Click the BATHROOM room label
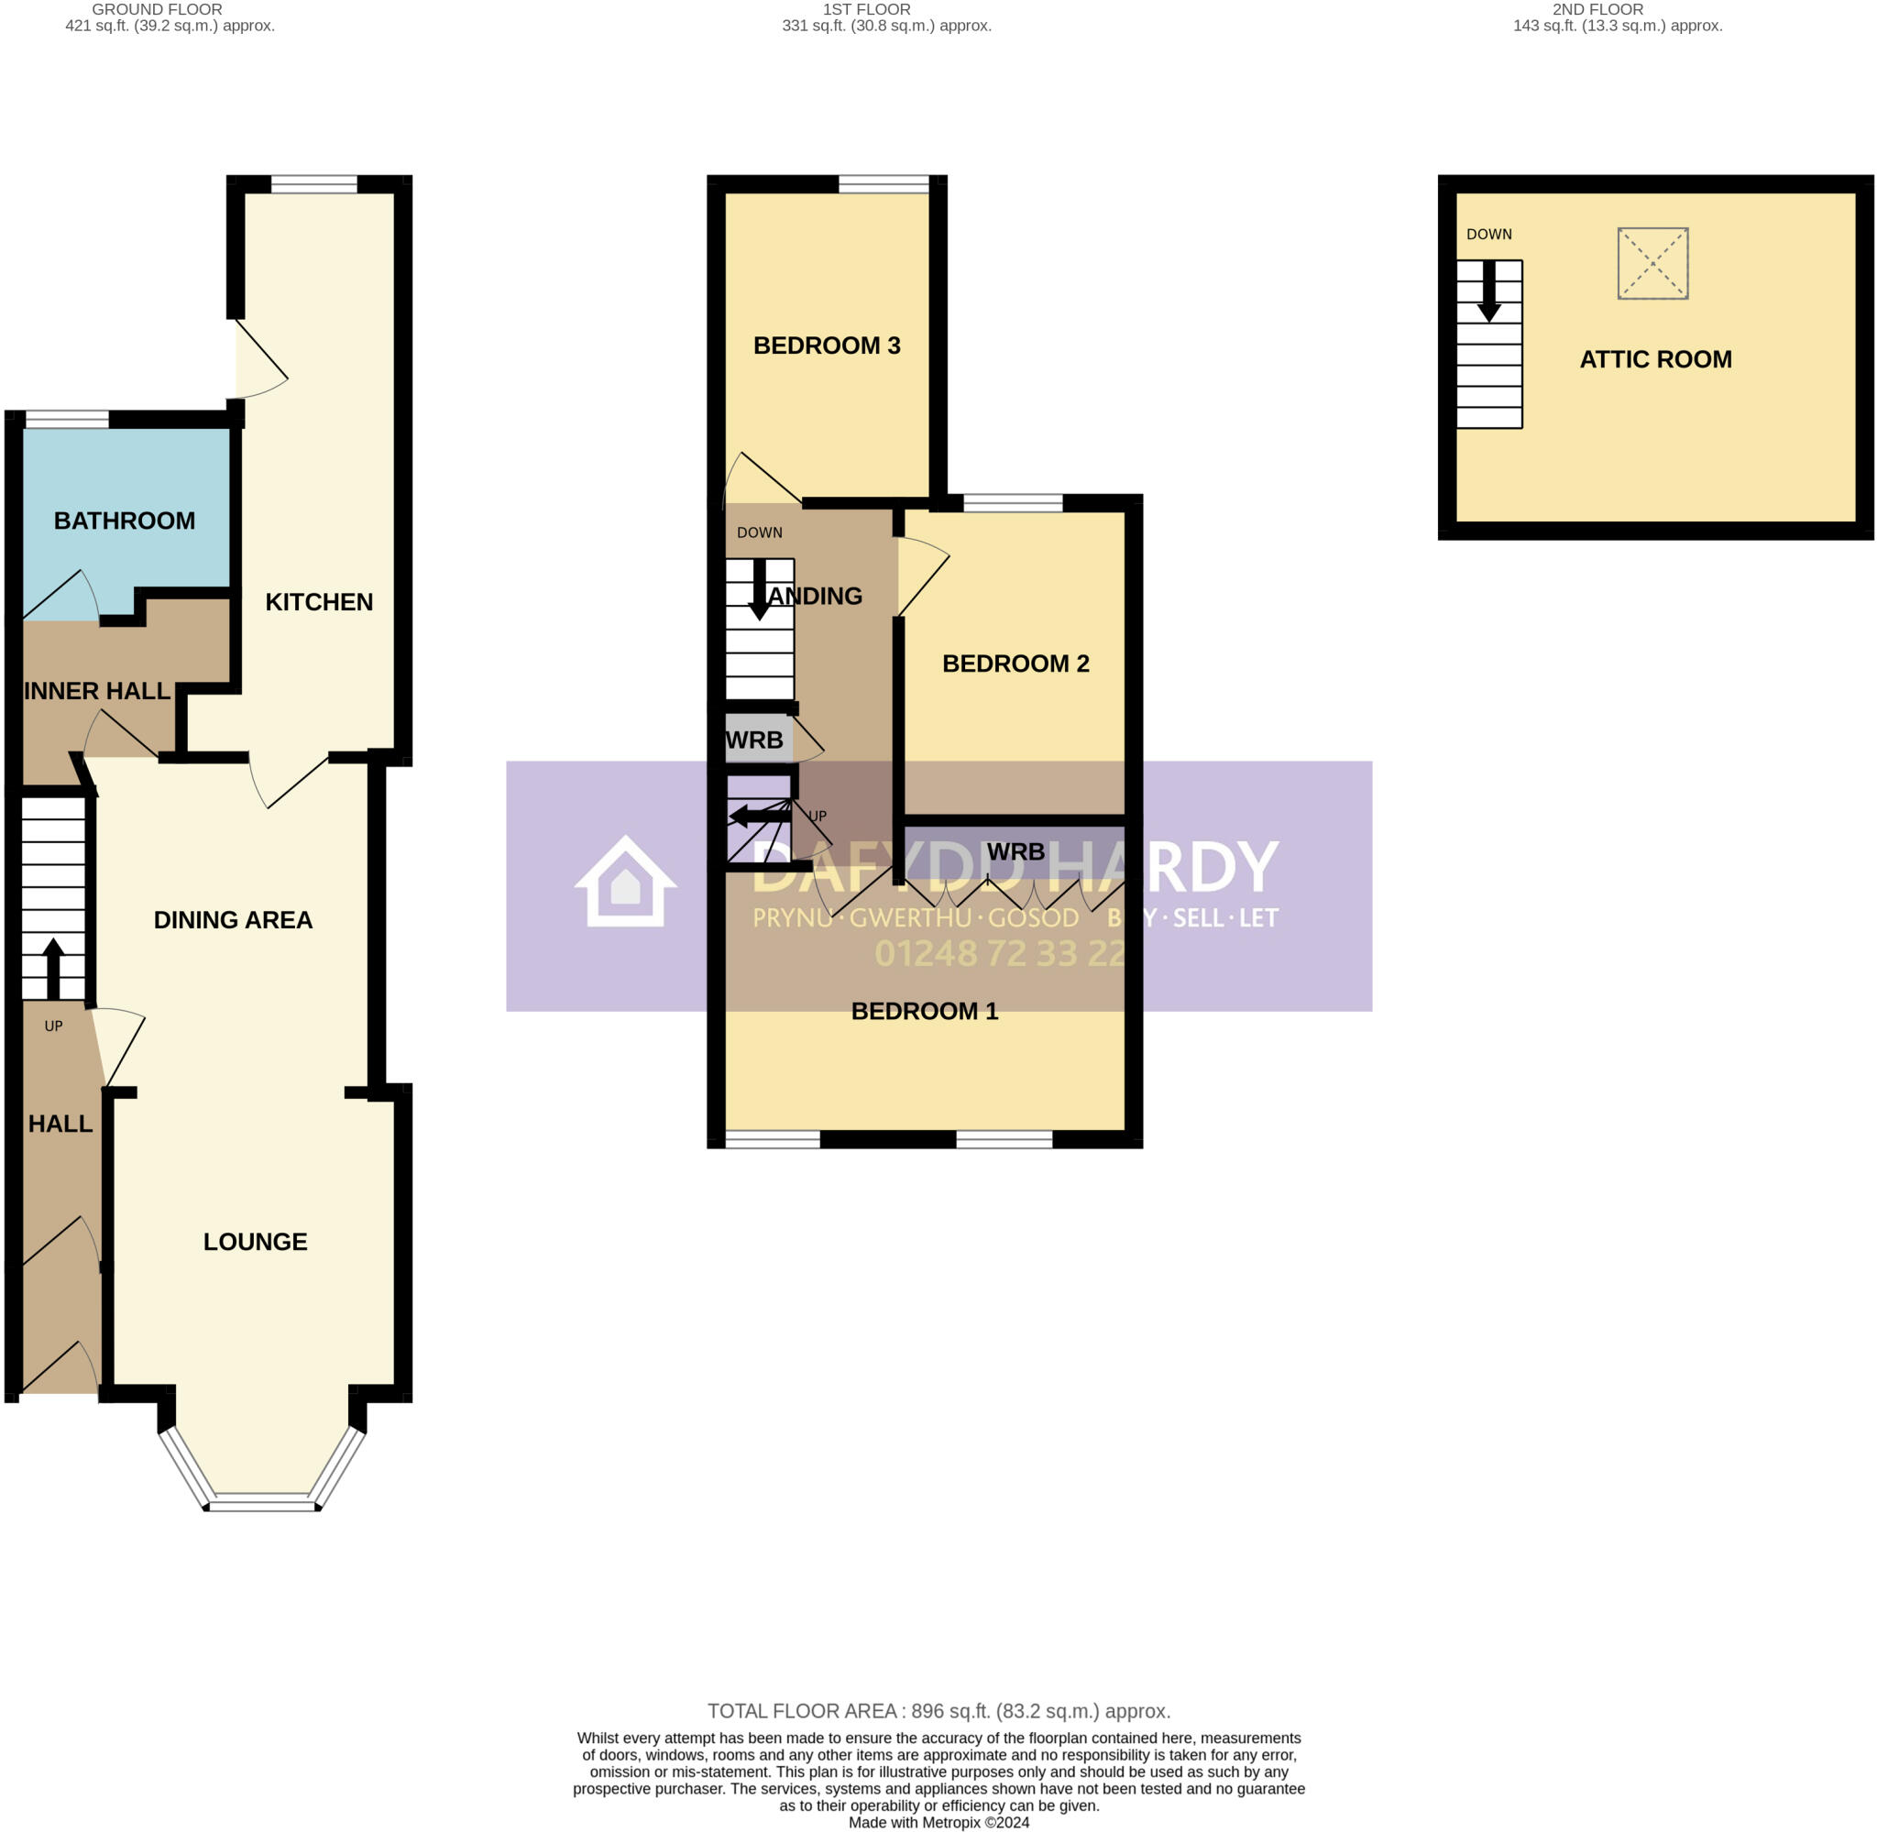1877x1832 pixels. [x=124, y=521]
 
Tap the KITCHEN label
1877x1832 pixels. [x=318, y=601]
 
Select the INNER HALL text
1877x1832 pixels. [x=96, y=691]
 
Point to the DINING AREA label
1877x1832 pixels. [x=233, y=920]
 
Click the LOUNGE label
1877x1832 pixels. [x=255, y=1241]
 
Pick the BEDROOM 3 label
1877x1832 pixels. [x=827, y=346]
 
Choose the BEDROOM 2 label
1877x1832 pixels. [x=1015, y=663]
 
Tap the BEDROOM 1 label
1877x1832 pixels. [x=925, y=1010]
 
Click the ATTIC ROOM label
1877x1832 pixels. [x=1655, y=359]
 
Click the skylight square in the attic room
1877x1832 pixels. [x=1652, y=263]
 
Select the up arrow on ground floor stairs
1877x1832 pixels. [x=53, y=967]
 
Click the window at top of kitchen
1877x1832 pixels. [x=313, y=184]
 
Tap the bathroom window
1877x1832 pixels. [x=66, y=419]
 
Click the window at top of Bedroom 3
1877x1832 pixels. [x=884, y=184]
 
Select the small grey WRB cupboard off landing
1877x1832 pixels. [x=757, y=739]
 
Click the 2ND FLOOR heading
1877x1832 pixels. [x=1597, y=9]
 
